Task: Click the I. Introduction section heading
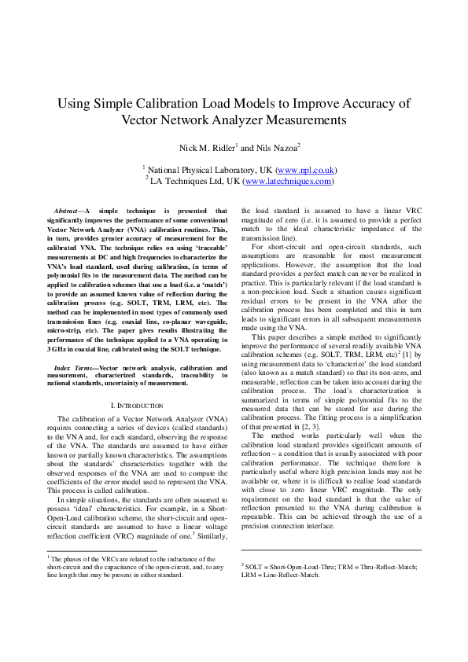[138, 404]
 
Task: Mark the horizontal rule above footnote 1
[102, 550]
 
